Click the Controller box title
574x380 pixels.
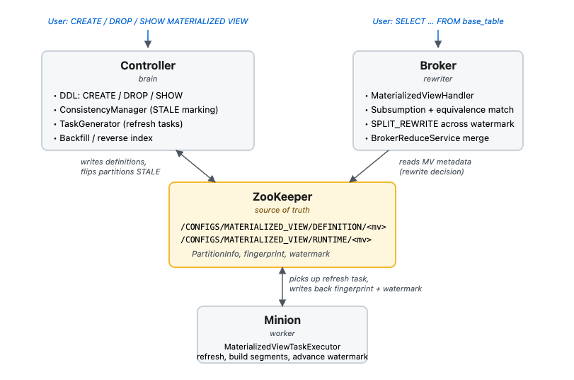pyautogui.click(x=148, y=66)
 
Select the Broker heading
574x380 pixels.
pyautogui.click(x=438, y=66)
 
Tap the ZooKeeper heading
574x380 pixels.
pyautogui.click(x=282, y=197)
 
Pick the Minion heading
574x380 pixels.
pyautogui.click(x=282, y=320)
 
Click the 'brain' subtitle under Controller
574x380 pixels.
pyautogui.click(x=147, y=79)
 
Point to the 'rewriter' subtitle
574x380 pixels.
pyautogui.click(x=438, y=79)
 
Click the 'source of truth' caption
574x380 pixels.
pyautogui.click(x=282, y=210)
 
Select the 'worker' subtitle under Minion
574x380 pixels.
pyautogui.click(x=282, y=333)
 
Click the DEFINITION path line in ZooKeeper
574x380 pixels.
pyautogui.click(x=283, y=227)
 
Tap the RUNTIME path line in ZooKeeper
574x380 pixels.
pyautogui.click(x=276, y=240)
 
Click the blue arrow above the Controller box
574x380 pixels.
pyautogui.click(x=148, y=39)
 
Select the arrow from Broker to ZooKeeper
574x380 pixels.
pyautogui.click(x=369, y=166)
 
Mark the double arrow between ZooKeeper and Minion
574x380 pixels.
pyautogui.click(x=282, y=287)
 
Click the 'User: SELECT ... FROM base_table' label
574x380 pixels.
pyautogui.click(x=438, y=21)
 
